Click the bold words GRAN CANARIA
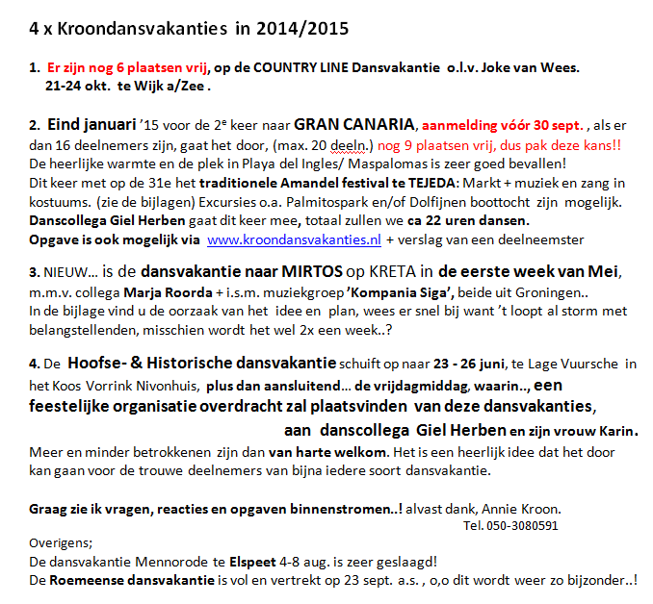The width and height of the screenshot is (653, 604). (x=354, y=124)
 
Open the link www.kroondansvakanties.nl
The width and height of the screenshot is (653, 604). (x=295, y=239)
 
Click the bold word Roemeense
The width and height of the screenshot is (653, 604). (x=86, y=582)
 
